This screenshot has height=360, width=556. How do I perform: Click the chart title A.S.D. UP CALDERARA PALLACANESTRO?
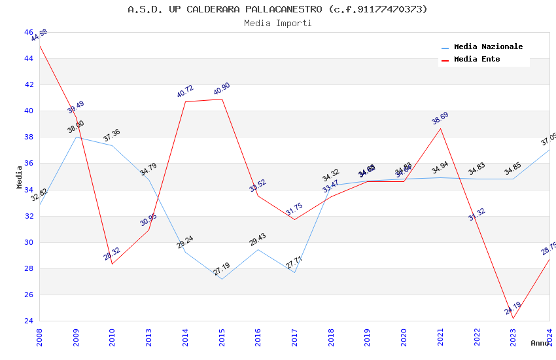pos(277,9)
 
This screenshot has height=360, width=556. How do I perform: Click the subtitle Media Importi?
pos(277,23)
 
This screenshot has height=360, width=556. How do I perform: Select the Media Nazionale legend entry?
pos(488,47)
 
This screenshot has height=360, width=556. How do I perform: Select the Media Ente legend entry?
pos(477,60)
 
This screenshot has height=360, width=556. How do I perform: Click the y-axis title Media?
pos(20,177)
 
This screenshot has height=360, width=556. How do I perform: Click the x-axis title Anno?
pos(540,343)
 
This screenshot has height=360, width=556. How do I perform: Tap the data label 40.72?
pos(185,92)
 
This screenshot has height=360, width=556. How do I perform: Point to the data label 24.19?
pos(513,308)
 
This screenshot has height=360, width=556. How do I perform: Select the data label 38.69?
pos(440,118)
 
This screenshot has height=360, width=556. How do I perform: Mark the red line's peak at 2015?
pos(222,99)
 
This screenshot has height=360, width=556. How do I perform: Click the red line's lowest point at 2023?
pos(513,319)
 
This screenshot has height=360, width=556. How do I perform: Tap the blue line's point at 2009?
pos(76,137)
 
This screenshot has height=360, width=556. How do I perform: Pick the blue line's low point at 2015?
pos(222,279)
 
